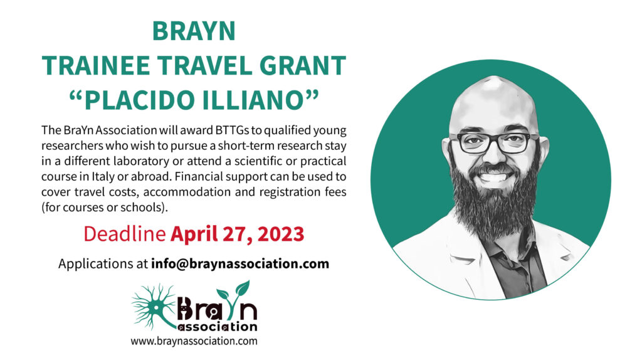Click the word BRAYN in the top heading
194,31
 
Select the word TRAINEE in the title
96,65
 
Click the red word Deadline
125,234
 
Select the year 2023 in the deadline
281,235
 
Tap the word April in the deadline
194,235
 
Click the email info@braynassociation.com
240,263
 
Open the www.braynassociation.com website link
194,341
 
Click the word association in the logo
218,326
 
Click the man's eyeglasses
494,143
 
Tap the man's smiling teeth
494,177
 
